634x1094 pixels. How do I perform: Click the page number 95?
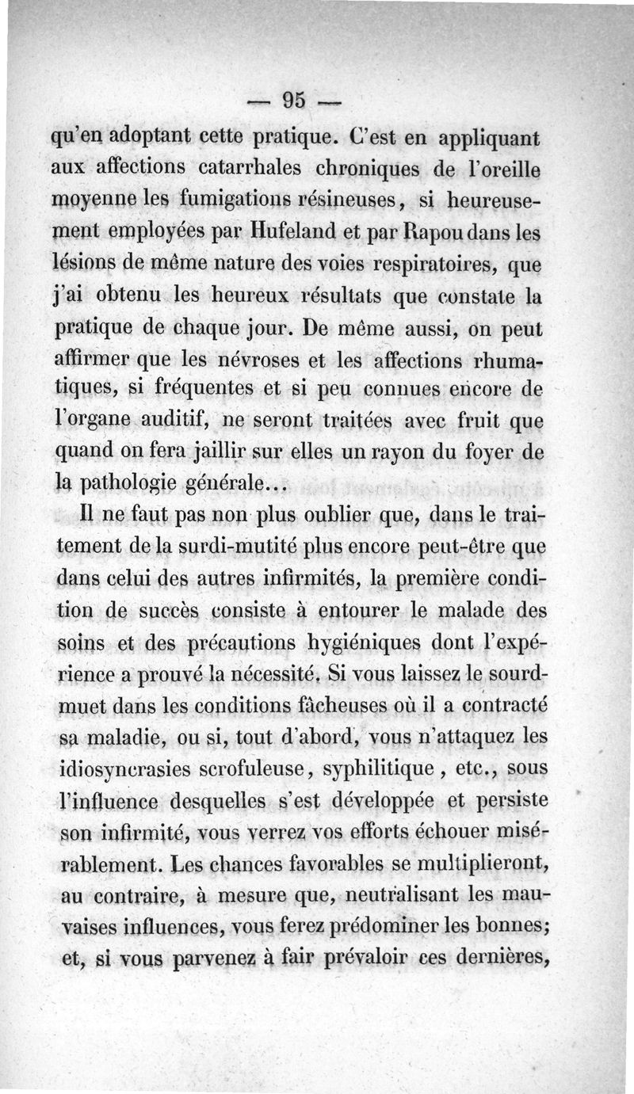pyautogui.click(x=293, y=101)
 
